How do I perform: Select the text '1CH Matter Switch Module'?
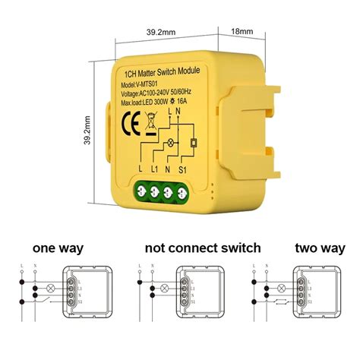[x=161, y=73]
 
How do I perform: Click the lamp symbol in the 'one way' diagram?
[x=52, y=289]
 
